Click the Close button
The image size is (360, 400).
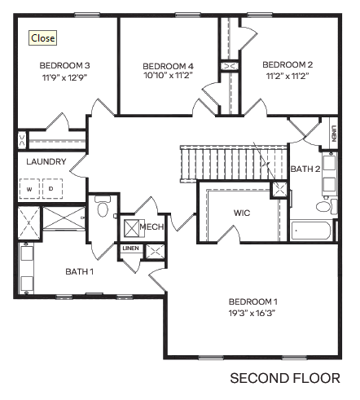tap(42, 38)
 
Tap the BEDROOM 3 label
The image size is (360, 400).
tap(64, 65)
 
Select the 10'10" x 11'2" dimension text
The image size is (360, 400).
tap(168, 76)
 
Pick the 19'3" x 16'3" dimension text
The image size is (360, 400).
tap(253, 311)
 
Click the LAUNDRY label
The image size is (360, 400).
tap(46, 161)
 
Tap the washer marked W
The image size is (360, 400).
tap(30, 189)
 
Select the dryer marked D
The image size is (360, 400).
tap(50, 189)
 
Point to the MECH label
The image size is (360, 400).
tap(152, 226)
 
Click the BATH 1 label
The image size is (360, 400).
tap(81, 270)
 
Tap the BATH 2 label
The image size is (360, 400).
tap(305, 169)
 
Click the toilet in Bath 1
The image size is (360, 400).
tap(103, 209)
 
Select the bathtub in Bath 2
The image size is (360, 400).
tap(311, 231)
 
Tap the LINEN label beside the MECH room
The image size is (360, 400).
tap(130, 248)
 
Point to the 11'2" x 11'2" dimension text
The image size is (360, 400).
tap(288, 76)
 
